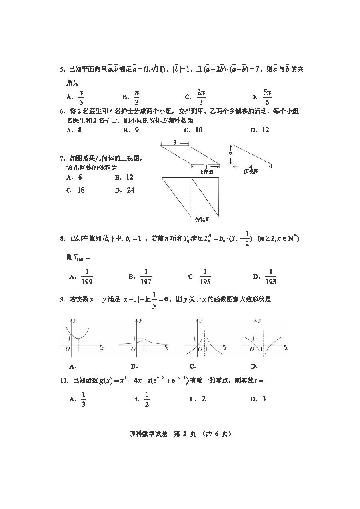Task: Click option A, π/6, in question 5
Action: pyautogui.click(x=80, y=97)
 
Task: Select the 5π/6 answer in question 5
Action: pyautogui.click(x=267, y=97)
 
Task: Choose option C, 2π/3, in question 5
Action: pyautogui.click(x=201, y=97)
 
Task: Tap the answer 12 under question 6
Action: pyautogui.click(x=265, y=130)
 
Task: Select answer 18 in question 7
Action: pyautogui.click(x=80, y=190)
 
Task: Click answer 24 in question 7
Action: pyautogui.click(x=130, y=190)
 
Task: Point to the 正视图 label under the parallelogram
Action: pyautogui.click(x=206, y=172)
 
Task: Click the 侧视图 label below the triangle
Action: pyautogui.click(x=251, y=171)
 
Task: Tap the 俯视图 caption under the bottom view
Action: pyautogui.click(x=202, y=220)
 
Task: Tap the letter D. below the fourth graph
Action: pyautogui.click(x=254, y=366)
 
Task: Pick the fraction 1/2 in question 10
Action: pyautogui.click(x=146, y=399)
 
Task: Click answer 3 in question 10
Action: pyautogui.click(x=264, y=399)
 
